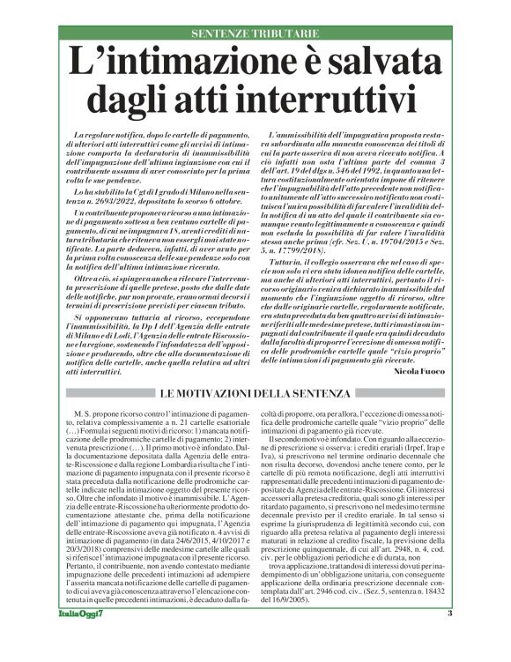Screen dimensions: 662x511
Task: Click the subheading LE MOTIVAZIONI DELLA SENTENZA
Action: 255,391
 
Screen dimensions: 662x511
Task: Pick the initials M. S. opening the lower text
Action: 85,412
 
